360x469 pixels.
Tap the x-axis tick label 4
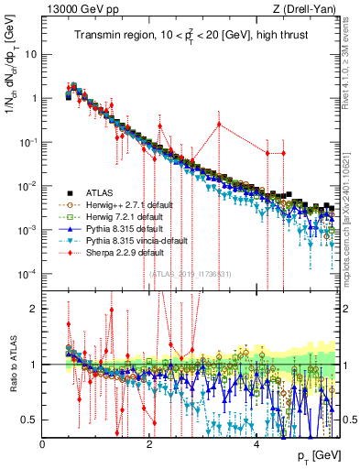tap(256, 443)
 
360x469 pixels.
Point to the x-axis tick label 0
tap(43, 443)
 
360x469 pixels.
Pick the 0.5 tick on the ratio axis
tap(30, 420)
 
